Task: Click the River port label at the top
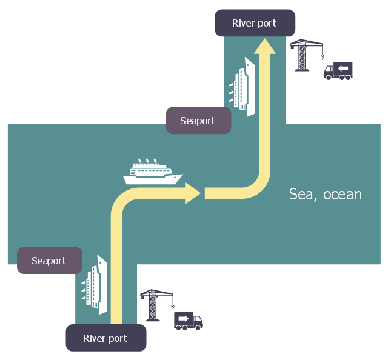point(255,23)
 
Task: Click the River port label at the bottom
point(105,338)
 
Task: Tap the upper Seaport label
point(198,121)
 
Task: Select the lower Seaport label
point(49,261)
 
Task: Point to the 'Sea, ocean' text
point(325,195)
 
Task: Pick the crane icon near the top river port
point(303,55)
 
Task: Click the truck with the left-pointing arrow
point(338,71)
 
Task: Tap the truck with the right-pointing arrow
point(188,320)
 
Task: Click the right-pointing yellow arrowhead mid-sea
point(193,193)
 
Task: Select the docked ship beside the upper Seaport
point(243,87)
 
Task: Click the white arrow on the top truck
point(344,68)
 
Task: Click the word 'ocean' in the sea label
point(343,195)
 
